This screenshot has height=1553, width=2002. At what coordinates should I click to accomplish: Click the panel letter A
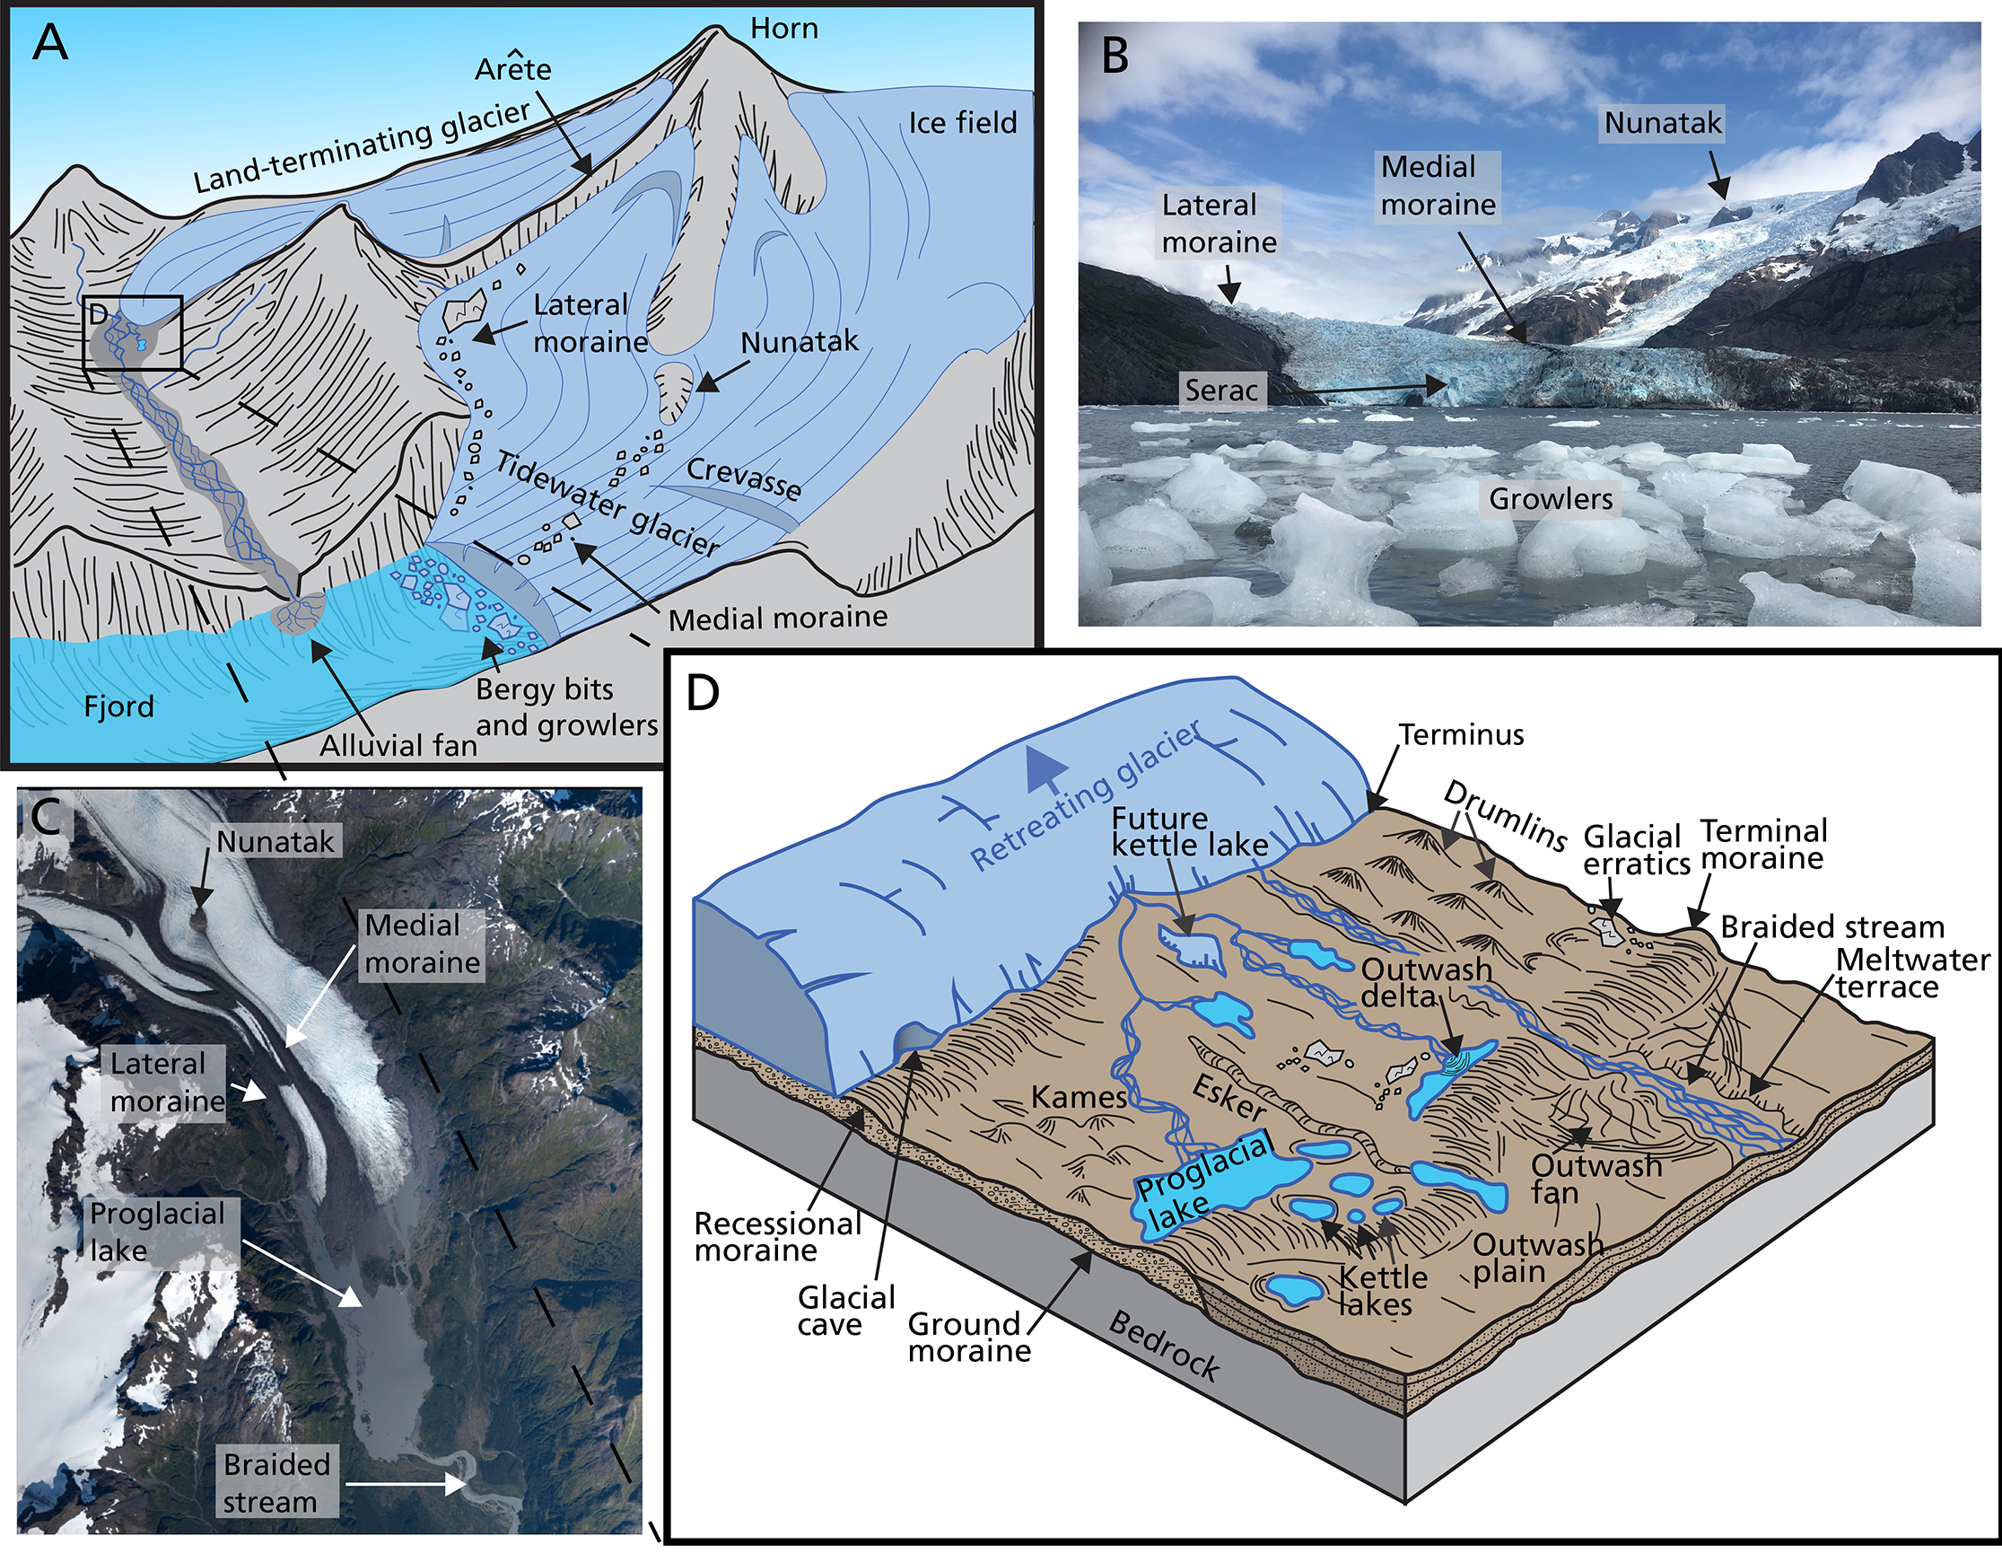(49, 43)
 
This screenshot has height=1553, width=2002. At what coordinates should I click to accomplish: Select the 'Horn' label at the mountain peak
(783, 29)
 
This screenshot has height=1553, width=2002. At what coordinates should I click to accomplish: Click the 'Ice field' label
(963, 123)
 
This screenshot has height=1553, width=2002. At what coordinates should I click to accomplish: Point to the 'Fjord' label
(119, 706)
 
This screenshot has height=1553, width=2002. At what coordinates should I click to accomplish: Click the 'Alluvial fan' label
(398, 745)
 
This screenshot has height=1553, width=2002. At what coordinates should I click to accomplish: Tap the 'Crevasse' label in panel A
(743, 478)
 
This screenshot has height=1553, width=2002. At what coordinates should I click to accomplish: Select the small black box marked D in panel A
(133, 332)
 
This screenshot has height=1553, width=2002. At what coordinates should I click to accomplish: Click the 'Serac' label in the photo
(1221, 390)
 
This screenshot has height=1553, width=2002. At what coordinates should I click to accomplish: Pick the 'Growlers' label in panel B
(1550, 499)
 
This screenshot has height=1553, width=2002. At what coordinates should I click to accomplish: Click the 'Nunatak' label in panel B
(1663, 123)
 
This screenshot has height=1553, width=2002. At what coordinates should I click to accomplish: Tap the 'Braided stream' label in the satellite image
(276, 1483)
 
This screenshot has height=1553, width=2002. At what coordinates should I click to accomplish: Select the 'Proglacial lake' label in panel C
(158, 1233)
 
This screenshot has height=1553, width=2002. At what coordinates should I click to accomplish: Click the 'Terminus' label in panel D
(1461, 734)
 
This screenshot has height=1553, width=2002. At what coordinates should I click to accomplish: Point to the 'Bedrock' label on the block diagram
(1164, 1346)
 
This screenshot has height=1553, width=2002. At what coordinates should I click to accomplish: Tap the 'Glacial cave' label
(845, 1311)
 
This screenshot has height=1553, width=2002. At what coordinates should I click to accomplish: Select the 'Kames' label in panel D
(1079, 1096)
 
